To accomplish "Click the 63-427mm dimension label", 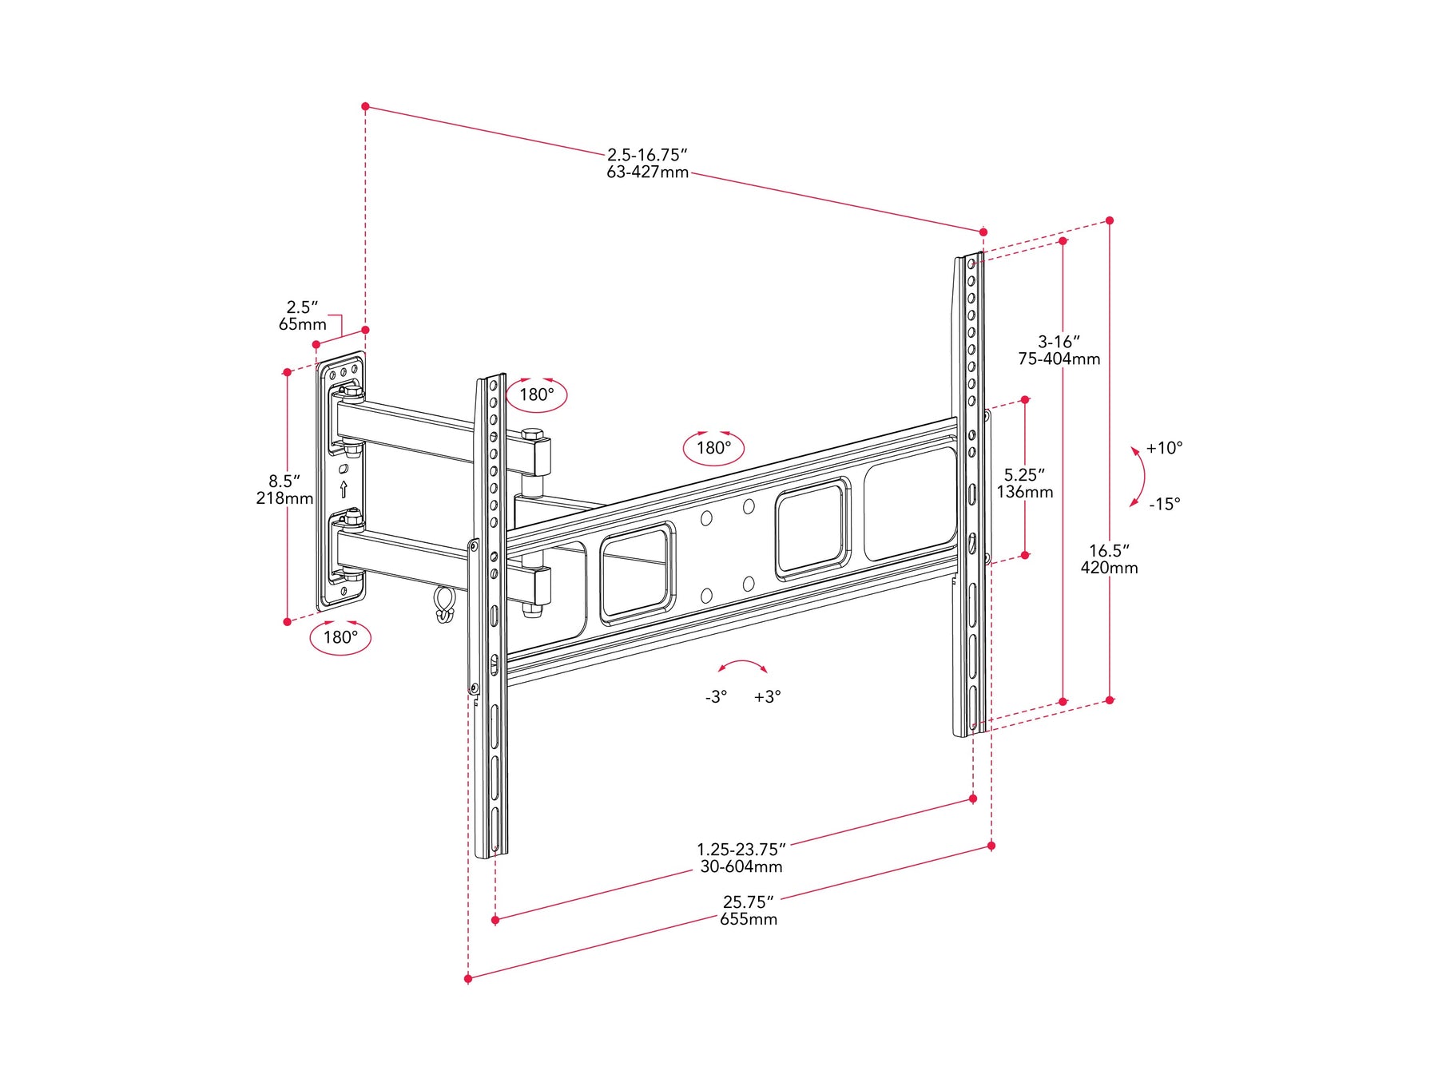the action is (647, 172).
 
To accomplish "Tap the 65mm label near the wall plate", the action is (302, 324).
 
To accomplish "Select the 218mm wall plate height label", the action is (284, 498).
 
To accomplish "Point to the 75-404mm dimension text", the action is (1059, 359).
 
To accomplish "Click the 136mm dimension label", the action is (1024, 492).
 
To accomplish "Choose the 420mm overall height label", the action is (1109, 568).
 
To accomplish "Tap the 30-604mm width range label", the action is (741, 866).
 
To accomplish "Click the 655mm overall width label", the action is (749, 919).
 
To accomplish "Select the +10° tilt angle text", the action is (1164, 448).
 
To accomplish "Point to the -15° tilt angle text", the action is (1164, 504).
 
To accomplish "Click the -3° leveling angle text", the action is (716, 697).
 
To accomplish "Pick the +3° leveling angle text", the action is (767, 697).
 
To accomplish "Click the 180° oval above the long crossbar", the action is (713, 433).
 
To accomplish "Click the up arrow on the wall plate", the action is (344, 489).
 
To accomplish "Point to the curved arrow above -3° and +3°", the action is (743, 661).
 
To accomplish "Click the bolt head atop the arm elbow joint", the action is (533, 434).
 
